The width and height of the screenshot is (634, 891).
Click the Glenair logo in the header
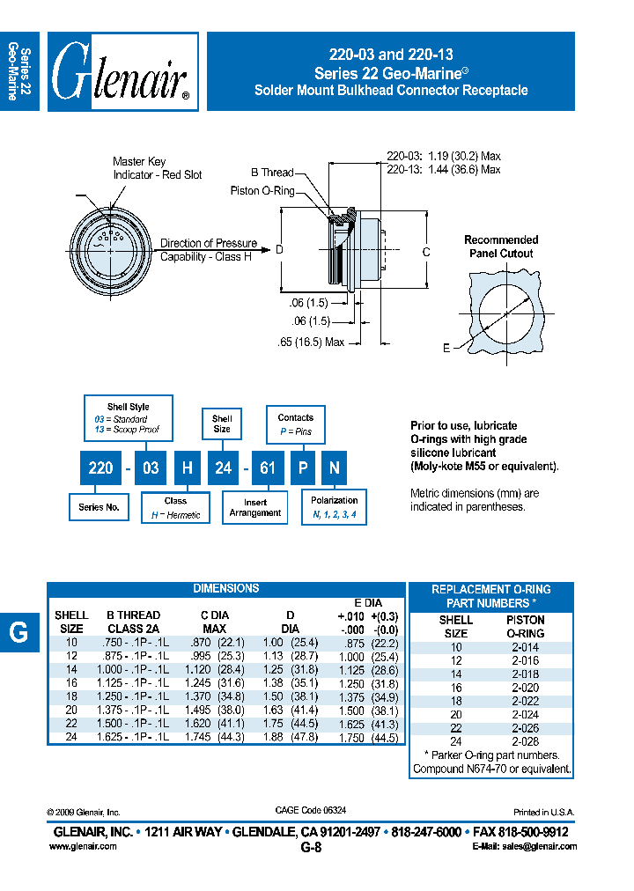(122, 72)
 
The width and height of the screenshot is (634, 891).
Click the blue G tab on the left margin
(18, 631)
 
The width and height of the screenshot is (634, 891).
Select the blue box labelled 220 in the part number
(100, 468)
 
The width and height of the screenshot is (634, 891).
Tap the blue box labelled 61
(265, 468)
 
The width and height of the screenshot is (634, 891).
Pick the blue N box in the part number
(334, 468)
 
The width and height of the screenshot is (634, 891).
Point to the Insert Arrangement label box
(254, 507)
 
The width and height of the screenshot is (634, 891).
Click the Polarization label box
(334, 507)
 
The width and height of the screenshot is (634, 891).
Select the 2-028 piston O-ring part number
(525, 741)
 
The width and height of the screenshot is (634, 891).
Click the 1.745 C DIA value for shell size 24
(206, 738)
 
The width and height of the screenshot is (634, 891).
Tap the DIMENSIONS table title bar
(225, 588)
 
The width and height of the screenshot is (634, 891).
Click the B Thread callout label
(272, 173)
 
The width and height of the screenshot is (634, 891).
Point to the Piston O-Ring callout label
(262, 190)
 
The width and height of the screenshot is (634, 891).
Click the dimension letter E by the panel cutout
(446, 349)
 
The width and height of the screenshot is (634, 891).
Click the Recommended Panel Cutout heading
(500, 247)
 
